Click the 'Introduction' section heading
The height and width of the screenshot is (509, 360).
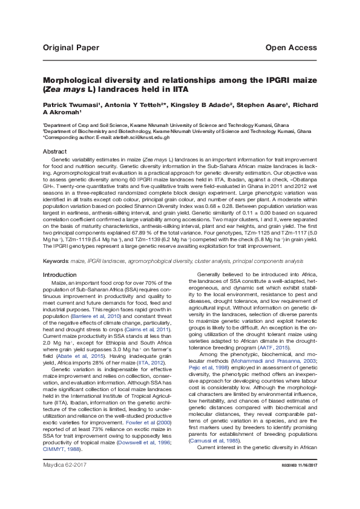[x=61, y=275]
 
